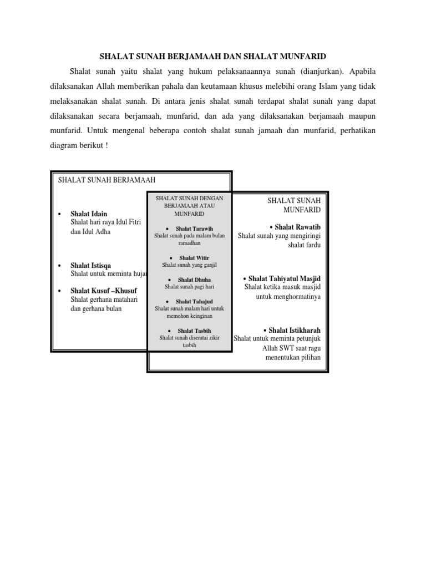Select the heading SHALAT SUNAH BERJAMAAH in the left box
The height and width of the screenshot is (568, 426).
[x=106, y=180]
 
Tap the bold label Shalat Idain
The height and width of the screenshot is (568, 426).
[x=89, y=214]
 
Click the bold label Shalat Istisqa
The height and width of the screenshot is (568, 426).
[x=90, y=266]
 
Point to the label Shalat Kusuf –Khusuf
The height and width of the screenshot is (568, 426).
[x=104, y=291]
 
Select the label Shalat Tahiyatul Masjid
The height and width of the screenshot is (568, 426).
[x=285, y=278]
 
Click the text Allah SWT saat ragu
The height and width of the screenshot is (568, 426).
[x=291, y=348]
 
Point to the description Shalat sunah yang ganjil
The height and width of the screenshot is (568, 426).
[x=189, y=265]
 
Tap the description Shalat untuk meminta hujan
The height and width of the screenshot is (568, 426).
[x=108, y=274]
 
